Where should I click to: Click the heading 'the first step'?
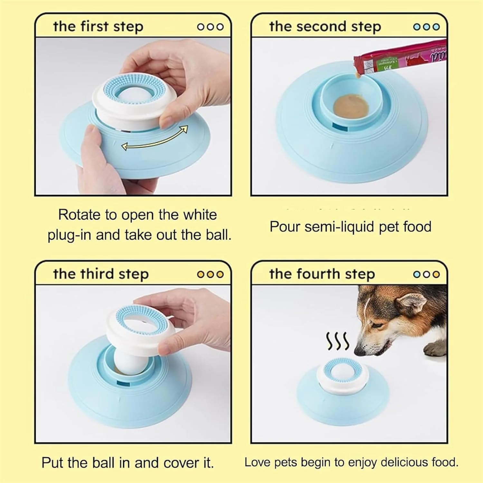point(98,26)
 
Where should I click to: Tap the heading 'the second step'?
point(325,26)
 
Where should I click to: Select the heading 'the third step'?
point(101,274)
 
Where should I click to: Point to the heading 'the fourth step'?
point(322,274)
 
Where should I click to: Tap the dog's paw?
point(435,349)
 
